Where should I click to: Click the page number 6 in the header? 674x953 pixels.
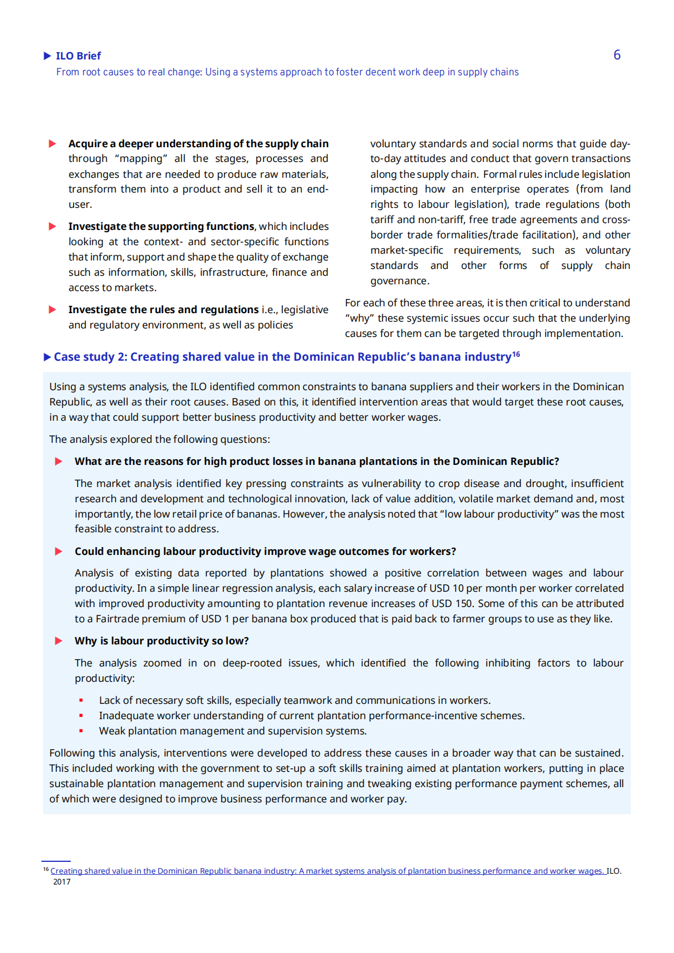click(617, 55)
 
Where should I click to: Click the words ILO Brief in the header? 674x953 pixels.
click(78, 56)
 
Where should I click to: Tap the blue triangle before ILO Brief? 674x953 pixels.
click(48, 55)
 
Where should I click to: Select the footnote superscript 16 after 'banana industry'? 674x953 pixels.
click(516, 354)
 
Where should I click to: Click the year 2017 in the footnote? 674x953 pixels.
click(62, 882)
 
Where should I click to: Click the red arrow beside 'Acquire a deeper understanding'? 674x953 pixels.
click(53, 144)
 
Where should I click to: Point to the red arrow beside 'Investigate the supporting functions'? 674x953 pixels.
click(53, 227)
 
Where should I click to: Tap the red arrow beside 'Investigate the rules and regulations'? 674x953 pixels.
click(53, 310)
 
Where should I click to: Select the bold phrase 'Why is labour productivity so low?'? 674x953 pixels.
click(161, 641)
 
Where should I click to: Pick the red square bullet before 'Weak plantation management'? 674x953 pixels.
click(81, 731)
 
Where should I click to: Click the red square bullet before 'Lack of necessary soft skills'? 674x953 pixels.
click(81, 700)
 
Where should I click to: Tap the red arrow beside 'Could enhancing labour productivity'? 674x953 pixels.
click(58, 552)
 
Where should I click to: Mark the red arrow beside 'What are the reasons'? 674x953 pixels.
click(58, 461)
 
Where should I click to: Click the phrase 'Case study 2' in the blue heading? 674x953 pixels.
click(91, 357)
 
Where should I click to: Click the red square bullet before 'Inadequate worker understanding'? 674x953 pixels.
click(81, 716)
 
